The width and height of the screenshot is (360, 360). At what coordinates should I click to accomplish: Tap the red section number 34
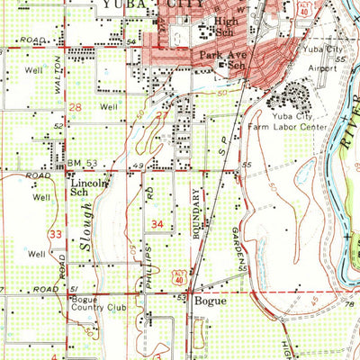157,223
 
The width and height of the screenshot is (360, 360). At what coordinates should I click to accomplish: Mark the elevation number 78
348,305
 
